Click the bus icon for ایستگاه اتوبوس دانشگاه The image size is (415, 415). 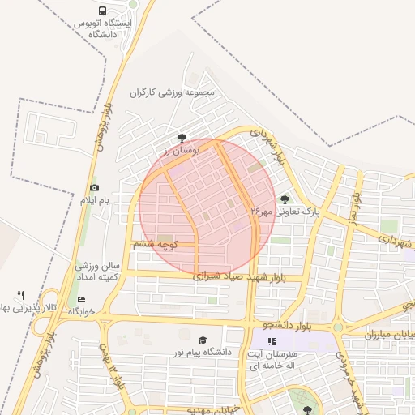[102, 11]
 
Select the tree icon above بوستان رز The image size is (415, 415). [182, 139]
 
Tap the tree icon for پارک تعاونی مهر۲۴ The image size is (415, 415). [284, 199]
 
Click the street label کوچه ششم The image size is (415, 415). [156, 243]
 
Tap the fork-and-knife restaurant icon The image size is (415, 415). [21, 296]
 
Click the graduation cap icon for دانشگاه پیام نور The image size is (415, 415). [202, 340]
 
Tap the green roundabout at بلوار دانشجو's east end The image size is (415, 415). [337, 327]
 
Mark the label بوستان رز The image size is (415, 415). [179, 152]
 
